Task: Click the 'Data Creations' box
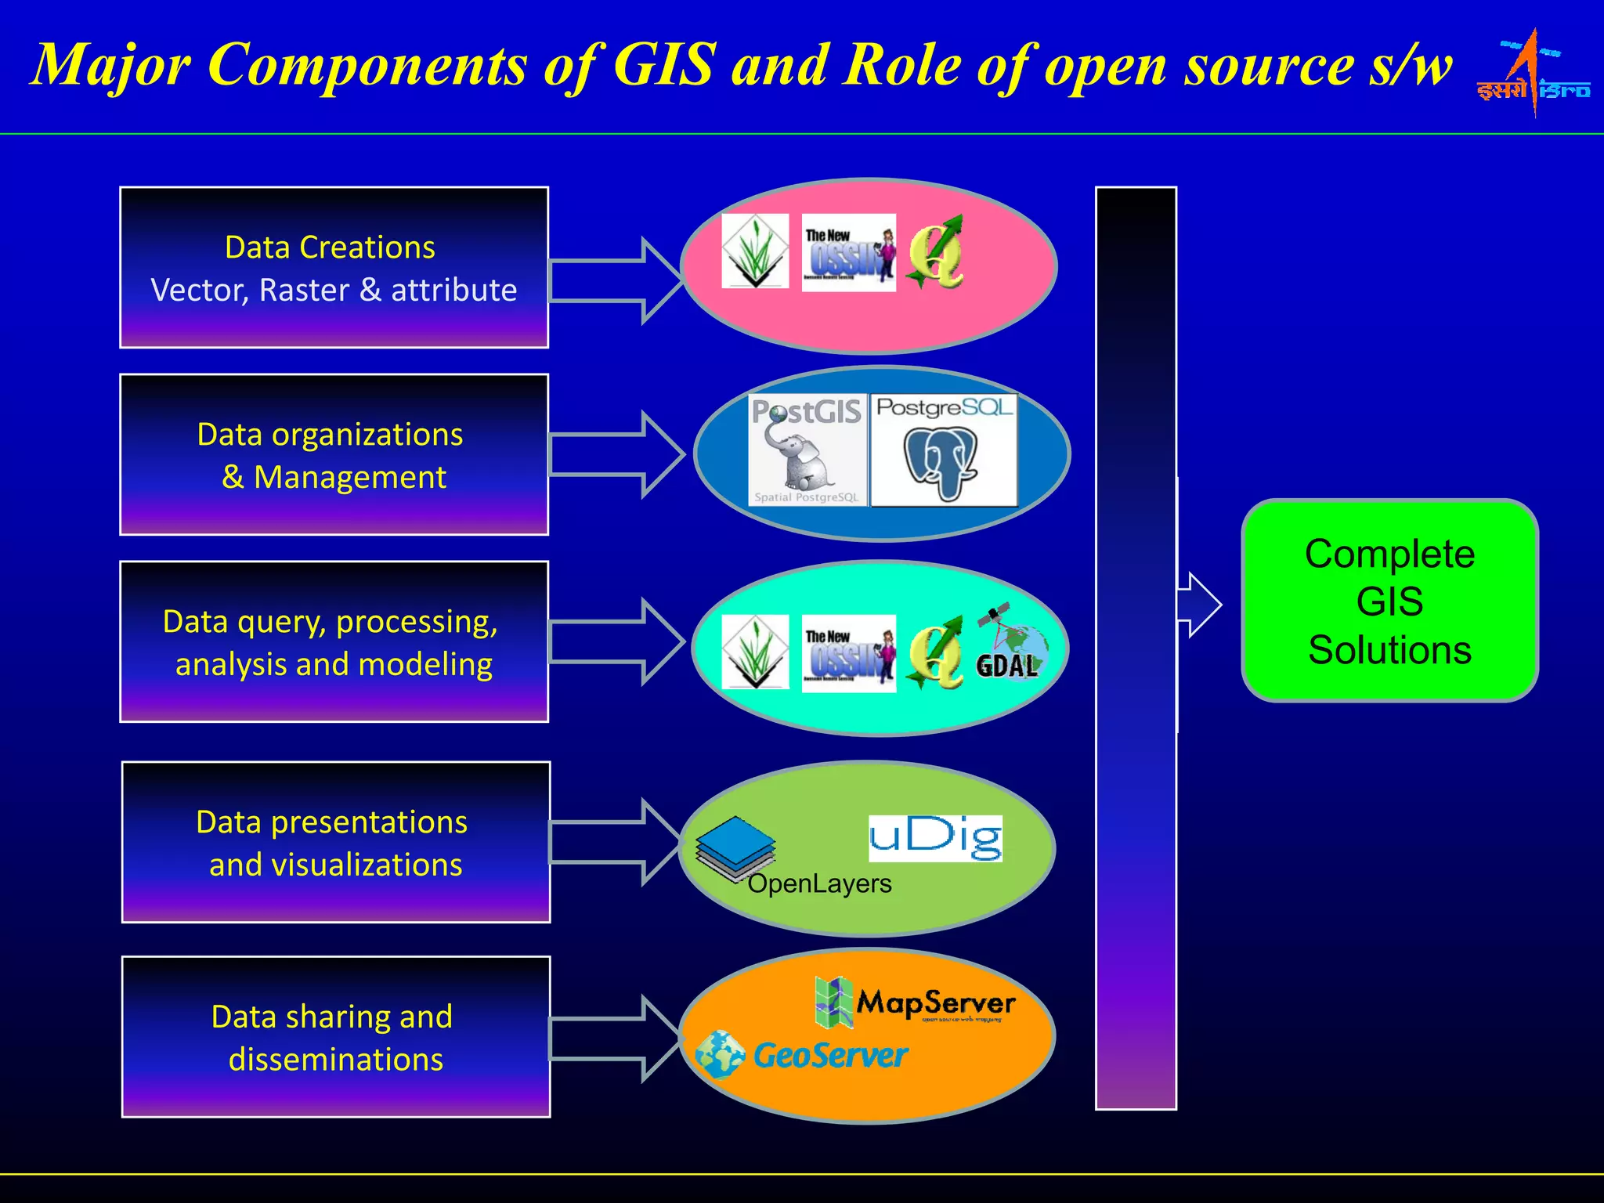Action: (334, 267)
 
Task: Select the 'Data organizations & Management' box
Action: (334, 454)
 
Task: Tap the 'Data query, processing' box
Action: (334, 641)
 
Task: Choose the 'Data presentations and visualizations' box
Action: (335, 842)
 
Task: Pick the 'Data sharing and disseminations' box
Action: (335, 1037)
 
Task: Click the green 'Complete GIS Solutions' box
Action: (1389, 601)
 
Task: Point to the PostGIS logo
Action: (807, 450)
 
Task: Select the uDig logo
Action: (935, 838)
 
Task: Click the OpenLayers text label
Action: (819, 884)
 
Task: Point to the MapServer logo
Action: (915, 1002)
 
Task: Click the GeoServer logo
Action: (802, 1055)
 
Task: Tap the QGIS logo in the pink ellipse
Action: (936, 252)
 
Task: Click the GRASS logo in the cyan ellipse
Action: (755, 652)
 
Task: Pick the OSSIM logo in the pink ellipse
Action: (848, 252)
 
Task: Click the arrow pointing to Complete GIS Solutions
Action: (1198, 605)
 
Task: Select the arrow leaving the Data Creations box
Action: (615, 280)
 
